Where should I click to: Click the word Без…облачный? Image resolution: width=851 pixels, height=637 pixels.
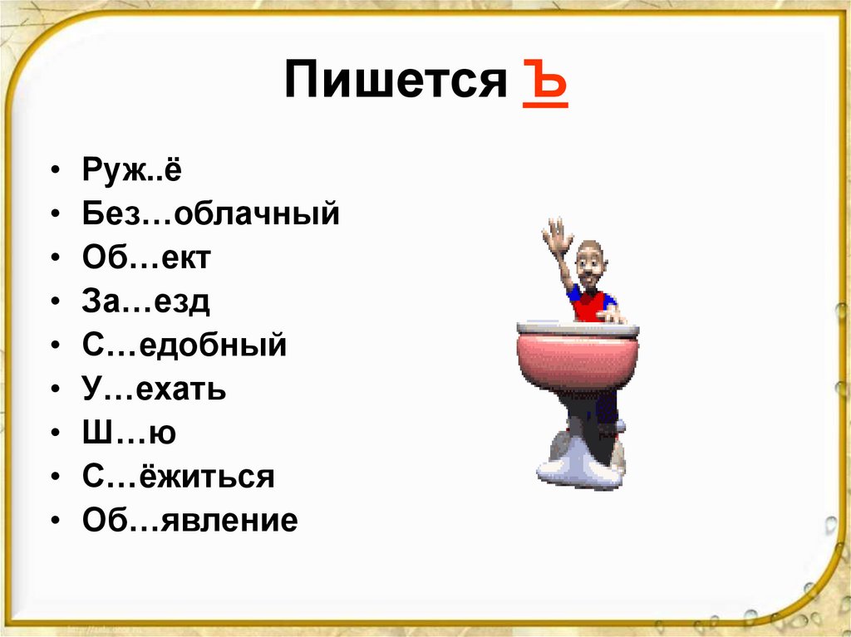pyautogui.click(x=211, y=214)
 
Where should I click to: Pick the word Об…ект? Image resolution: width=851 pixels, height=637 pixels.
pyautogui.click(x=146, y=258)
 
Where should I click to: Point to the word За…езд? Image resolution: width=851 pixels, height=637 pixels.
pyautogui.click(x=145, y=301)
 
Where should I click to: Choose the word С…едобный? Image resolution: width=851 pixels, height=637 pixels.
pyautogui.click(x=184, y=345)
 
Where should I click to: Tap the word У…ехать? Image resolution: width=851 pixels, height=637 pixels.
pyautogui.click(x=154, y=389)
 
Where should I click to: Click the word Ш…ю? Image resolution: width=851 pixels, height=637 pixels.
pyautogui.click(x=129, y=432)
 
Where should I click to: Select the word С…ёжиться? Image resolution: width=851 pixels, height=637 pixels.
pyautogui.click(x=178, y=476)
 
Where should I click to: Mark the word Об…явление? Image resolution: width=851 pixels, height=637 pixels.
pyautogui.click(x=189, y=521)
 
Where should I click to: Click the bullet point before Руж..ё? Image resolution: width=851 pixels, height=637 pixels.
pyautogui.click(x=54, y=172)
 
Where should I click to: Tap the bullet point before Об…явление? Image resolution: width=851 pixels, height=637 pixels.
pyautogui.click(x=54, y=521)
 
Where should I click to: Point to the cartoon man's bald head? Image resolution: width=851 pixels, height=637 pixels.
pyautogui.click(x=589, y=255)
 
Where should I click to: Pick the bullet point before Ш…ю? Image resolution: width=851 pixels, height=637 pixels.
pyautogui.click(x=54, y=433)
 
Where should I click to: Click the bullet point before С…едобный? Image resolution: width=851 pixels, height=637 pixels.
pyautogui.click(x=54, y=345)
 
